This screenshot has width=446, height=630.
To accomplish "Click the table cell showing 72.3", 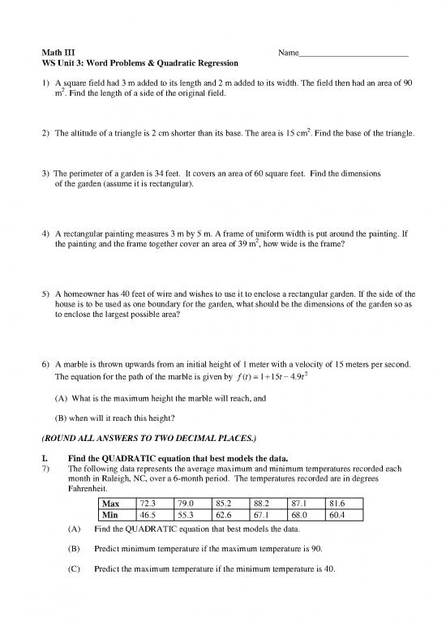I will tap(149, 504).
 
